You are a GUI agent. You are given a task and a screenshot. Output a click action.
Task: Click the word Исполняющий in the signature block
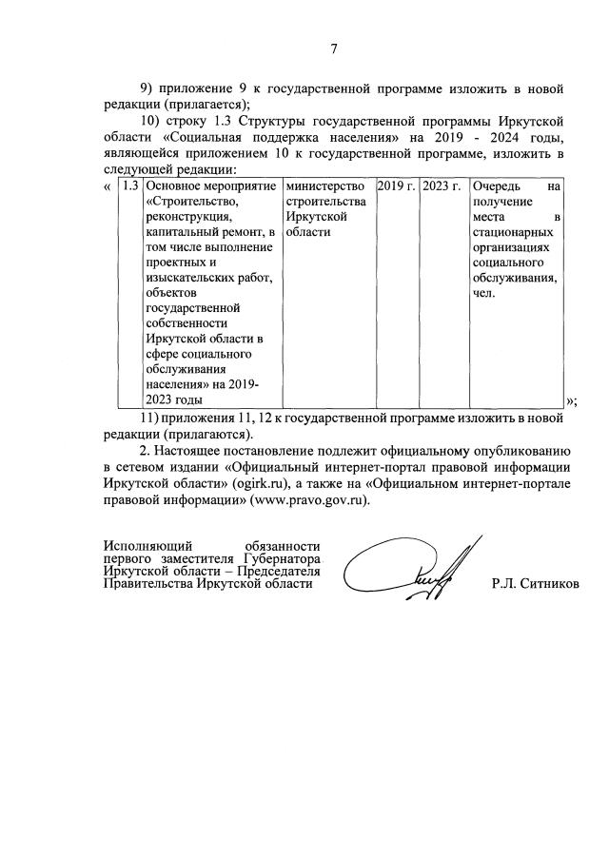coord(142,545)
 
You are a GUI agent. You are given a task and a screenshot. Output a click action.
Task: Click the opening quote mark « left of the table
coord(106,187)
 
